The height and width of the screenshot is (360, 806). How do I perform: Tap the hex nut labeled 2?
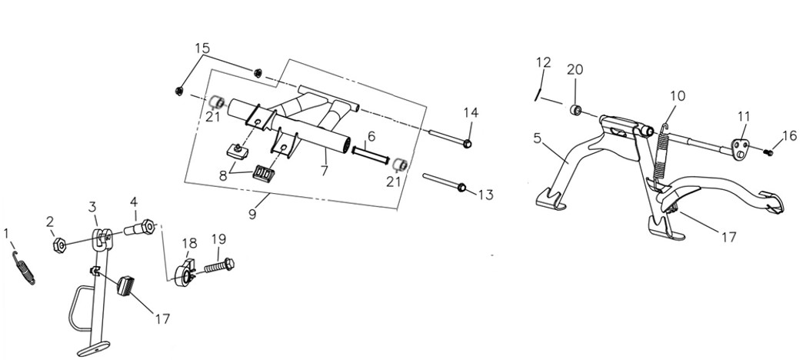(60, 245)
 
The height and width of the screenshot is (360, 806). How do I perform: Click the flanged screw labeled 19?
(219, 266)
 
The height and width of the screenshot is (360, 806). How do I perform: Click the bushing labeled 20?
(575, 109)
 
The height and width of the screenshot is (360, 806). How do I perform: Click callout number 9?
(252, 213)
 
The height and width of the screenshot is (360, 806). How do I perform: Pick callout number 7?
(324, 170)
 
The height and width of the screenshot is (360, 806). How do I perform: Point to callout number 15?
(202, 48)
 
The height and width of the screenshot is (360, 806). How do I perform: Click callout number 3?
(92, 207)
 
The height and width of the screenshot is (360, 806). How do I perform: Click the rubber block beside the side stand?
(125, 285)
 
